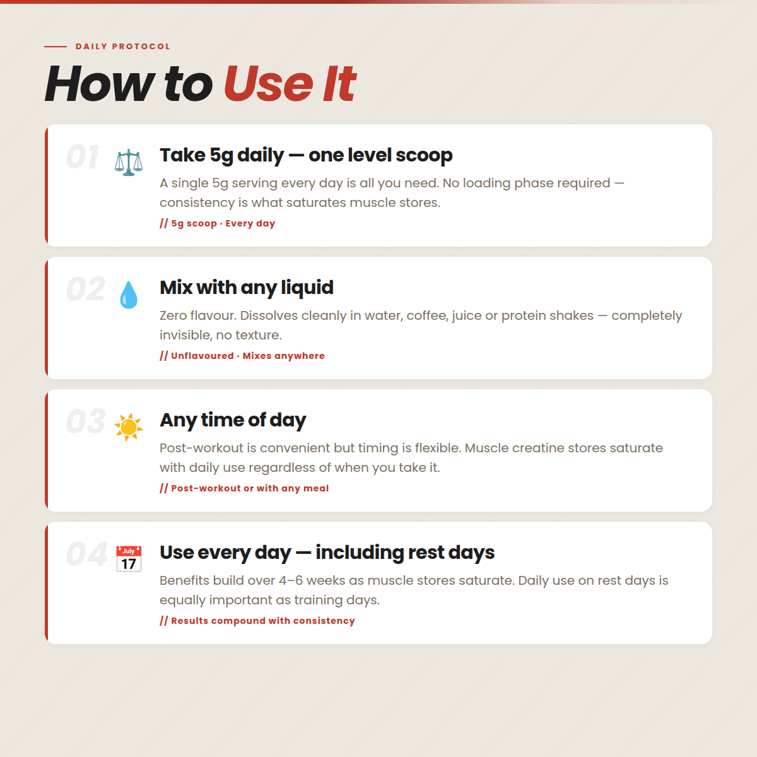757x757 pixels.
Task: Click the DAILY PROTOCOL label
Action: (123, 46)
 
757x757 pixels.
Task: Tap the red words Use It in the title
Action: (290, 84)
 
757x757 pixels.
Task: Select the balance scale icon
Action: (129, 162)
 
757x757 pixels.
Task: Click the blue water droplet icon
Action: (129, 295)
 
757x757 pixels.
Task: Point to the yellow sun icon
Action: (129, 427)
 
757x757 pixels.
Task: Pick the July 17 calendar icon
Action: (129, 559)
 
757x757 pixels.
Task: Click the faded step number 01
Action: (82, 157)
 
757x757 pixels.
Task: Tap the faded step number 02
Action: (86, 290)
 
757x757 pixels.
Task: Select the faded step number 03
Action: (86, 422)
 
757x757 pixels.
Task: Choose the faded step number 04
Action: (86, 555)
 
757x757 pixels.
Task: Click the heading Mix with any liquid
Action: (247, 288)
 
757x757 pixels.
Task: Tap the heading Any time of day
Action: (233, 420)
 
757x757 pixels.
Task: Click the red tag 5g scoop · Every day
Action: (218, 223)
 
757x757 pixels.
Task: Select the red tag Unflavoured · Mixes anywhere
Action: (242, 356)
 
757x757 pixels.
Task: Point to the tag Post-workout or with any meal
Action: (244, 488)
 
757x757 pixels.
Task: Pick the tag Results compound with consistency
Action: (257, 621)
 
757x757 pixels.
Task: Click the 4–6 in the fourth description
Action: (291, 580)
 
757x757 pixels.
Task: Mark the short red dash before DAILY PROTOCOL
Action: (56, 47)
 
